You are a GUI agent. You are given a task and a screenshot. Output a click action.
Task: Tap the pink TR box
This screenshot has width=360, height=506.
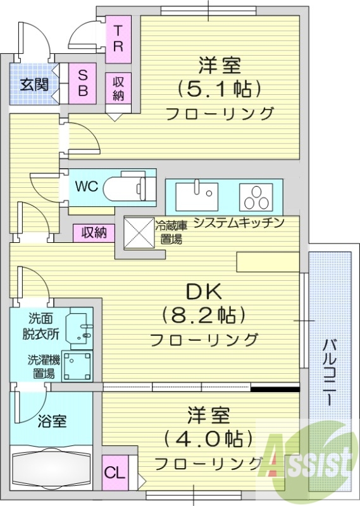point(118,39)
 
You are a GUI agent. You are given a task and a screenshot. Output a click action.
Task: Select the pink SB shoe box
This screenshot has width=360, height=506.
point(82,83)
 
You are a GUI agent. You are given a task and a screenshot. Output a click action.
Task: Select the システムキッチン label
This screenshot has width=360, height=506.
point(238,223)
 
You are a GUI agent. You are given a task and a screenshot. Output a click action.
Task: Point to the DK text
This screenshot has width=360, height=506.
point(202,292)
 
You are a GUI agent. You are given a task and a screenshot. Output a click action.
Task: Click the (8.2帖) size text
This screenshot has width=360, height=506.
point(203,313)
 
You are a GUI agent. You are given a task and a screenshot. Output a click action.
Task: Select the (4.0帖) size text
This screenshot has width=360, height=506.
point(209,438)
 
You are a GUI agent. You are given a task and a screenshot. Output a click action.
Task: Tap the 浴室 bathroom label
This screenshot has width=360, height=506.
point(52,421)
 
